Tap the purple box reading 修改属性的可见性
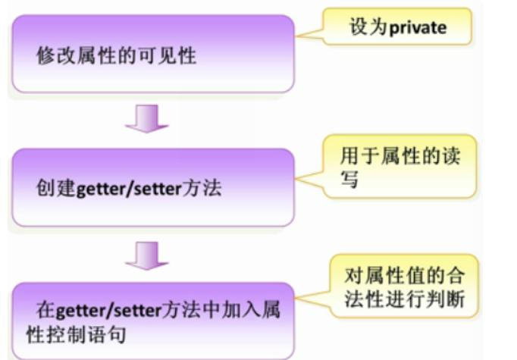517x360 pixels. [152, 55]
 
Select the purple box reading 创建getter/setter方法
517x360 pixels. [152, 188]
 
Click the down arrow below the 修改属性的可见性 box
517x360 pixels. [147, 119]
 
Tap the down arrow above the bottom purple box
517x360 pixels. [147, 255]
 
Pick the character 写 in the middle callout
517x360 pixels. [350, 181]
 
